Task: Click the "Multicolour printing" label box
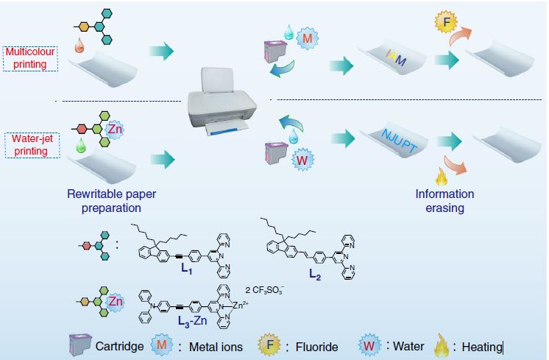click(x=30, y=58)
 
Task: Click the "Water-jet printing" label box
click(x=30, y=144)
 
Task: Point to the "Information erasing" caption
click(x=444, y=200)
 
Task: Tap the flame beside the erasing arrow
click(x=442, y=177)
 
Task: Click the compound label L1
click(x=188, y=269)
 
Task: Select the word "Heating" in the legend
click(x=480, y=347)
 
